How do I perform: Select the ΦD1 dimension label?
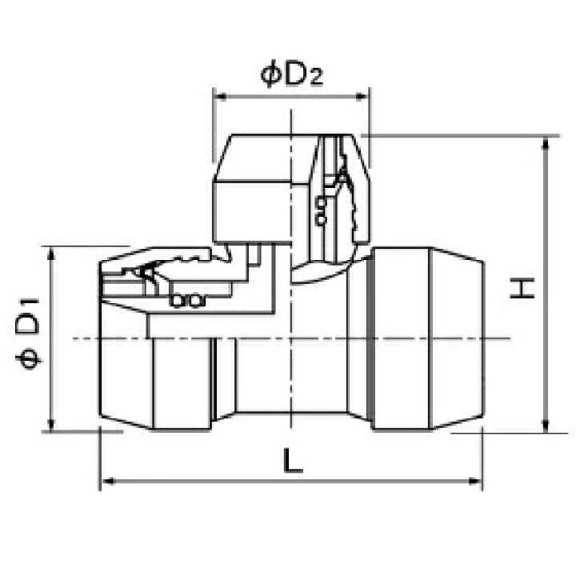tap(27, 334)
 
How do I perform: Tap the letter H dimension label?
tap(522, 289)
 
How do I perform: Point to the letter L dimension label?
tap(293, 460)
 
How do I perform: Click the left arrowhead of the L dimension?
tap(107, 481)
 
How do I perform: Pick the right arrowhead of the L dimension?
tap(475, 481)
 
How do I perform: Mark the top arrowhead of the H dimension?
tap(546, 142)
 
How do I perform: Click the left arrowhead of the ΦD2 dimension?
tap(220, 97)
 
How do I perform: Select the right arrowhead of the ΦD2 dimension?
tap(362, 97)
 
